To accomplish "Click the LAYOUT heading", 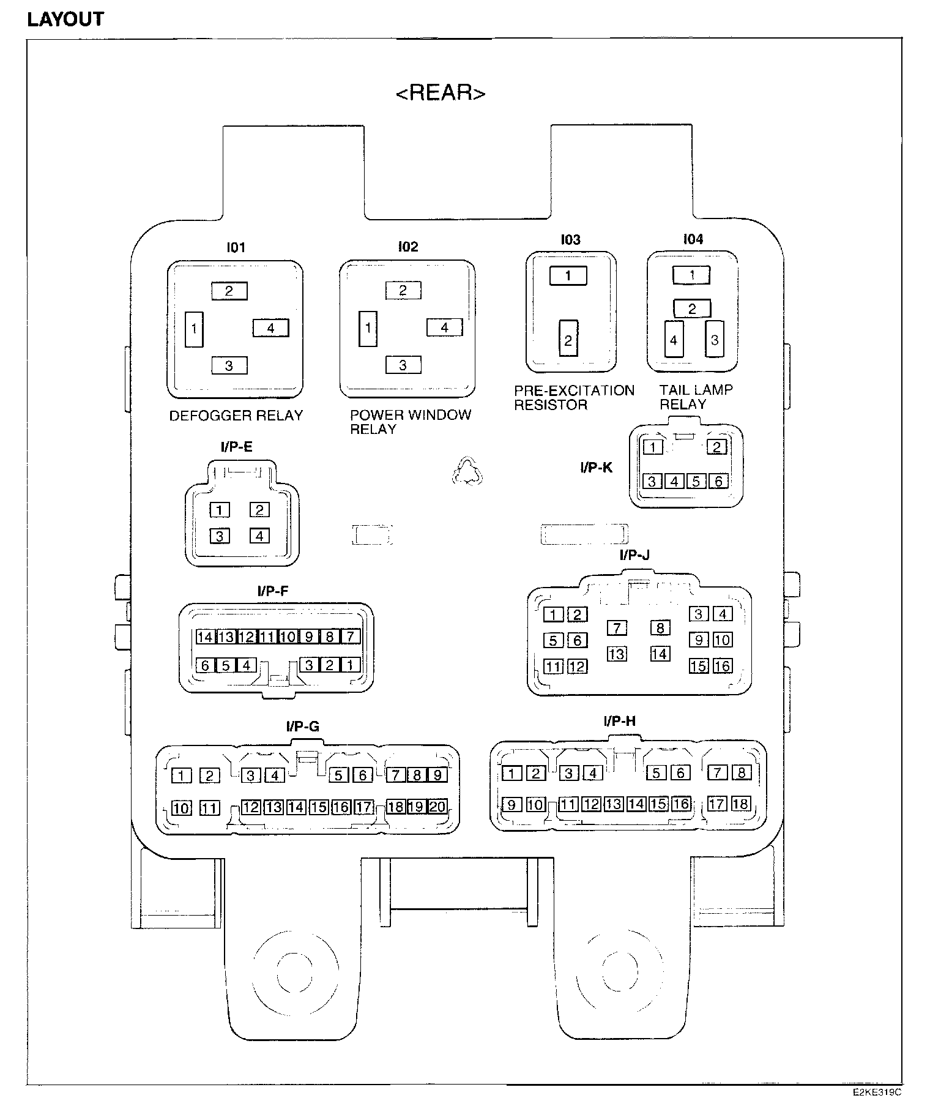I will [x=66, y=19].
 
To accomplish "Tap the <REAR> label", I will [x=441, y=93].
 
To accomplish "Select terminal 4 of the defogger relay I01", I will [x=270, y=328].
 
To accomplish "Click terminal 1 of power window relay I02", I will [x=368, y=329].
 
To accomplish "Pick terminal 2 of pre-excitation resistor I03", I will [x=568, y=339].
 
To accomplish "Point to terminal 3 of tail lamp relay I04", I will [x=714, y=339].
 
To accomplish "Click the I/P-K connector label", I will [x=596, y=468].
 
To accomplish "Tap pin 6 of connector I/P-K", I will [x=718, y=481].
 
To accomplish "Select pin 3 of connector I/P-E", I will [x=219, y=536].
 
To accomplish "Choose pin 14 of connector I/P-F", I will [x=205, y=637].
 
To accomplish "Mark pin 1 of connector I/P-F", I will [x=351, y=665].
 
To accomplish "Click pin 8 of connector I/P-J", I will [x=660, y=628].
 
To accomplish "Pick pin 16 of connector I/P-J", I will [x=723, y=666].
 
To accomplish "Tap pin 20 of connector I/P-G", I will [x=437, y=807].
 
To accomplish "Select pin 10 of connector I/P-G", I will [x=181, y=808].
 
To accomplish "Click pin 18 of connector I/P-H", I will [x=741, y=804].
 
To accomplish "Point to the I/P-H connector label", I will [x=619, y=721].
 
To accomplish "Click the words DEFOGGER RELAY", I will [x=236, y=416].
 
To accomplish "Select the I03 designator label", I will [x=570, y=239].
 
